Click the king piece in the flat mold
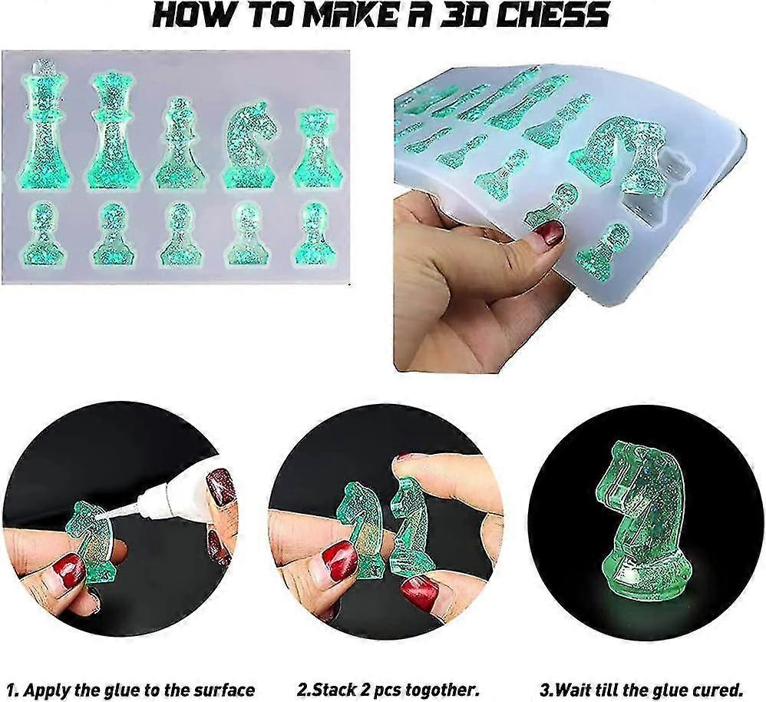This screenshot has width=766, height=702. [x=43, y=127]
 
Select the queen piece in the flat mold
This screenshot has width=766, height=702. [x=111, y=131]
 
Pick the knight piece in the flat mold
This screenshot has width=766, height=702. [x=250, y=146]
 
